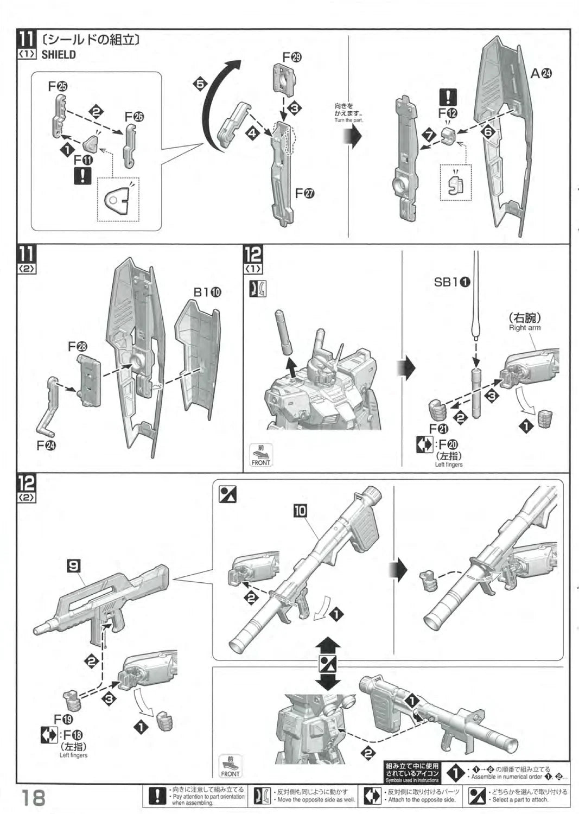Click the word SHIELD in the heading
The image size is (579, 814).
click(59, 55)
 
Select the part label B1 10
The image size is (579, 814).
click(208, 292)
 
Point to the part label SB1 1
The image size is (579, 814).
click(452, 282)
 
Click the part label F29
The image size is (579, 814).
click(292, 56)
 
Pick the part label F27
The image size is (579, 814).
click(305, 193)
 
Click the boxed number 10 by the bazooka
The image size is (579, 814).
click(300, 510)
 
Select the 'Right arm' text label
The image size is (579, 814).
click(524, 328)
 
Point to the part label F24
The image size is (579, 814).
click(47, 446)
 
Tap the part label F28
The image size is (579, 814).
click(78, 346)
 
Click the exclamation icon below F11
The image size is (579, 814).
click(82, 176)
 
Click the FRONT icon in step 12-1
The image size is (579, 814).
click(260, 455)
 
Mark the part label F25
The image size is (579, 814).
click(58, 86)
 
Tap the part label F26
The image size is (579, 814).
click(135, 117)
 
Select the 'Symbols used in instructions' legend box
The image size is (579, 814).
click(412, 772)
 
